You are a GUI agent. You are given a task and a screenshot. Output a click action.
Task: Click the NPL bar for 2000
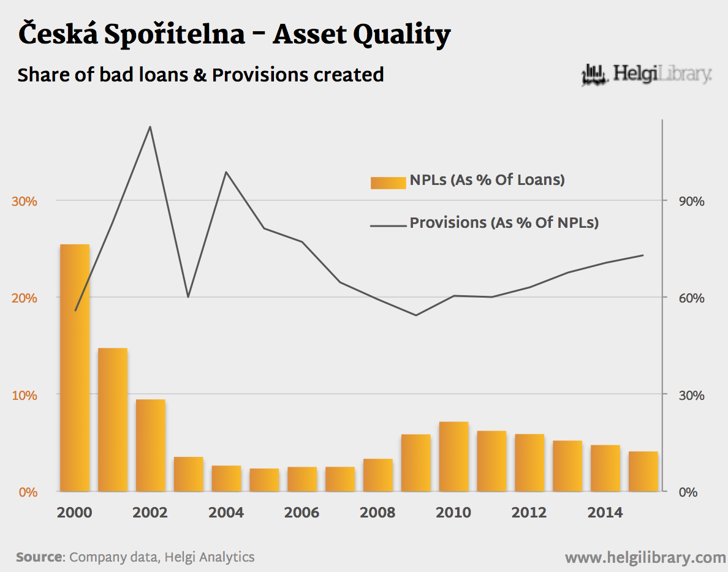(x=75, y=367)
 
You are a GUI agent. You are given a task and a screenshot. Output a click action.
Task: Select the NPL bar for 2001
(x=113, y=420)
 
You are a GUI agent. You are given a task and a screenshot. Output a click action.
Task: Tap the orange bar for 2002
(x=151, y=445)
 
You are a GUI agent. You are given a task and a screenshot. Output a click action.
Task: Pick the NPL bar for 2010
(x=453, y=456)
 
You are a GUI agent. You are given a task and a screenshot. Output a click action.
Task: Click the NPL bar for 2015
(x=643, y=471)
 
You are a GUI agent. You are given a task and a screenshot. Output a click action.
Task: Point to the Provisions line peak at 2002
(x=150, y=127)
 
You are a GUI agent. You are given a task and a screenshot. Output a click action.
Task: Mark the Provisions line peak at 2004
(x=226, y=172)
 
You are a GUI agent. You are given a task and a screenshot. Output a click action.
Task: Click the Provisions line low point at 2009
(x=415, y=315)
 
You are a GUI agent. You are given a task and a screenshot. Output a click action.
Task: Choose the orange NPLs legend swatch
(x=388, y=182)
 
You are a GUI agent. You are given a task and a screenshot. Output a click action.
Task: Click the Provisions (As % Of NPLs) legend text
(x=504, y=222)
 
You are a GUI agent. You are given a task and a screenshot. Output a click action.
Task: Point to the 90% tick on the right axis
(x=692, y=201)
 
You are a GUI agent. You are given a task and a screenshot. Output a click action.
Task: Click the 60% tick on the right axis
(x=692, y=298)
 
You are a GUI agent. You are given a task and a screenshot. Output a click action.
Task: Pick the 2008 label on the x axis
(x=378, y=512)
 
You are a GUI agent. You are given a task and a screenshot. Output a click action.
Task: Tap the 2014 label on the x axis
(x=605, y=512)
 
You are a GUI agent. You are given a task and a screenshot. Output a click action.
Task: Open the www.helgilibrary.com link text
(x=645, y=557)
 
